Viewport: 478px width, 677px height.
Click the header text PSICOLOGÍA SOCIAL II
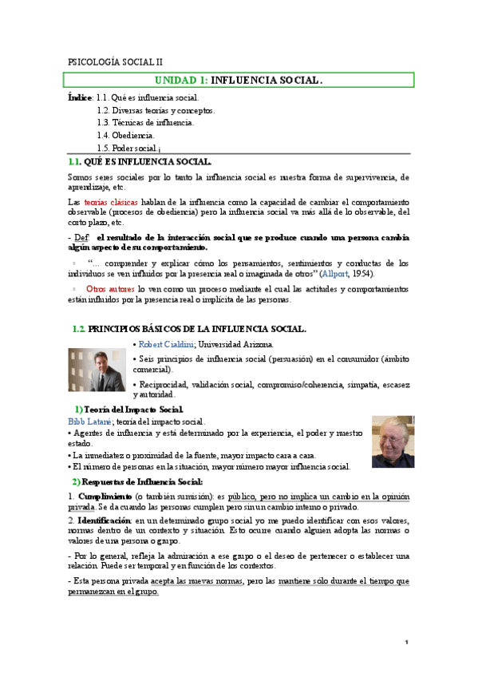pos(116,61)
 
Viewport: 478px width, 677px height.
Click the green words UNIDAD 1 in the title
pos(180,80)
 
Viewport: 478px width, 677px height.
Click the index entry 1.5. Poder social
pos(128,148)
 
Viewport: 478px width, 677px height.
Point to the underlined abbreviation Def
pos(81,237)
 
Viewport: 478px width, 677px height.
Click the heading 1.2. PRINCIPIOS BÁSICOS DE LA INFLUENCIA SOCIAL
pos(188,329)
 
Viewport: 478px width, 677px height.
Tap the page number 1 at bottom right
pos(406,643)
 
